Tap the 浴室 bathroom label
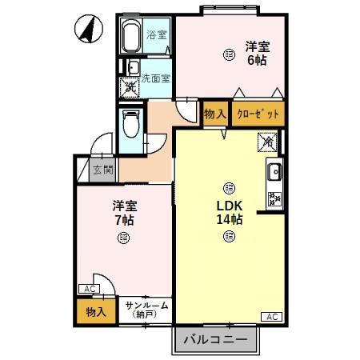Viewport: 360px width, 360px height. (157, 35)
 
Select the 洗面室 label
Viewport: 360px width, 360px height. (155, 78)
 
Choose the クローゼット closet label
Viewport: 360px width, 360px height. (258, 113)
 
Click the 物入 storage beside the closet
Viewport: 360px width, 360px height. (214, 114)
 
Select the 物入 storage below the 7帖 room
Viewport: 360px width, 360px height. (96, 310)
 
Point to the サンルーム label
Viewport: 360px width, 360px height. (146, 306)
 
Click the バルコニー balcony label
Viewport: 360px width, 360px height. (215, 340)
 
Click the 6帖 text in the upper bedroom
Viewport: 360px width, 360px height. (256, 61)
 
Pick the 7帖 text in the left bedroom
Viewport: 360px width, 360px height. (122, 218)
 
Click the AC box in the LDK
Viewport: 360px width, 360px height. (270, 317)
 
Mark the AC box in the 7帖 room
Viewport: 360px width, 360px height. (87, 289)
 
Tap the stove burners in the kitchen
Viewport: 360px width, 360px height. (274, 199)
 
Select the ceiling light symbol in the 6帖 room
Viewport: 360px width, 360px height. (230, 54)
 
